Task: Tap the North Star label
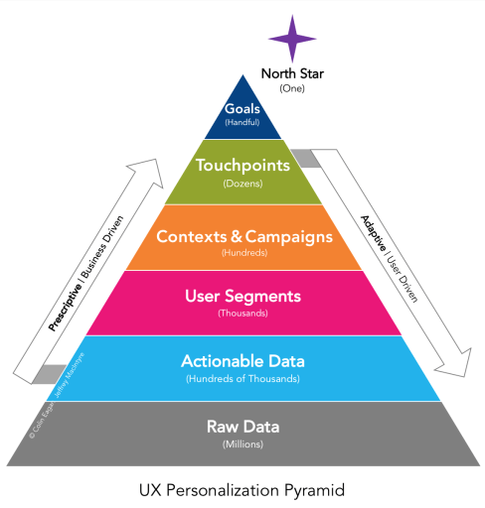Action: point(292,73)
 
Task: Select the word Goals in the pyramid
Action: point(242,109)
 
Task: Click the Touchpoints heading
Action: point(242,166)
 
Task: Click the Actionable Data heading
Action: point(242,360)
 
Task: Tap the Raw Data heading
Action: point(242,428)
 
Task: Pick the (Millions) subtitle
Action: point(242,445)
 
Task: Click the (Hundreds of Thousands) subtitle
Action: point(242,378)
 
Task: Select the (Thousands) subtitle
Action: point(242,313)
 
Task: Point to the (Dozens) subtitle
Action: point(242,185)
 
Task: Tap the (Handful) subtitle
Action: point(242,123)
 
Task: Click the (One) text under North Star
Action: point(292,87)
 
